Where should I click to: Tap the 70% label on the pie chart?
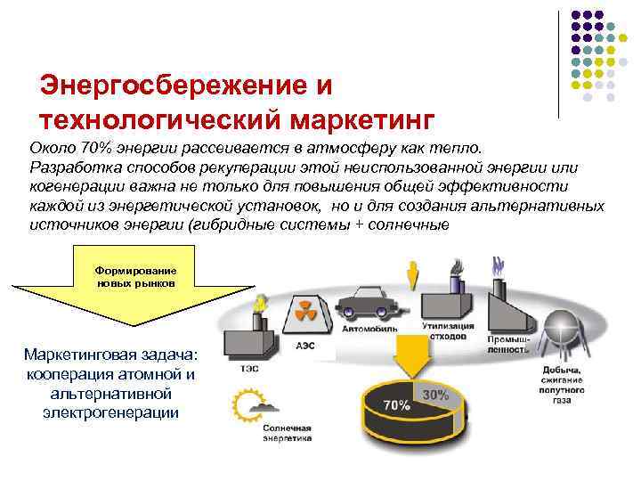pos(396,405)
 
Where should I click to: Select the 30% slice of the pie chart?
pos(435,393)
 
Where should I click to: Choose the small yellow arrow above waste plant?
pos(411,274)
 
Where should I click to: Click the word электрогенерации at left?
pos(111,412)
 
